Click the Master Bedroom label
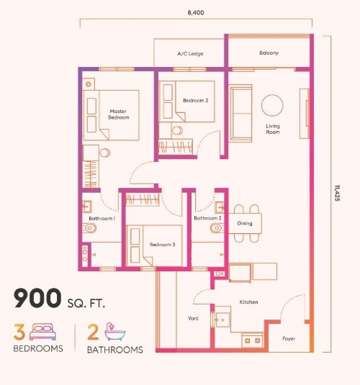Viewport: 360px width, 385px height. pos(119,114)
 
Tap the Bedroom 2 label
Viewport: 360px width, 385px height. pos(196,101)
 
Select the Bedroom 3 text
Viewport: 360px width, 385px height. pos(163,245)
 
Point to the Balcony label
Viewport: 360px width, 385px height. pos(269,53)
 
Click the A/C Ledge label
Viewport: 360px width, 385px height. pos(190,53)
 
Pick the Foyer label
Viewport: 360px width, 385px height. pos(289,339)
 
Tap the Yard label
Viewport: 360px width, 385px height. pos(193,319)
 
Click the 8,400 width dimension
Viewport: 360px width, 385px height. pos(196,12)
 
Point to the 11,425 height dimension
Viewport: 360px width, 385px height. pos(337,194)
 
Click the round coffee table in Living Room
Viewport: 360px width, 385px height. pos(272,105)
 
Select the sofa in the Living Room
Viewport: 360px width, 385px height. pos(240,113)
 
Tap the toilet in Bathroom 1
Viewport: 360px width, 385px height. pos(89,228)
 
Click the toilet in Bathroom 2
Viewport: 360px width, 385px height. pos(217,228)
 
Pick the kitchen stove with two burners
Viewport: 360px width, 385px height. pos(253,340)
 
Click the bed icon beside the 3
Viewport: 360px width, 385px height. pos(42,332)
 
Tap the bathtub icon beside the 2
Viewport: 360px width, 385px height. pos(114,332)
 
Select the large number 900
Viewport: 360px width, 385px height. pos(37,298)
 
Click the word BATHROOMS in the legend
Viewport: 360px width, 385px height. pos(115,350)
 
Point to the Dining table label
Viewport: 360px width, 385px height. pos(245,223)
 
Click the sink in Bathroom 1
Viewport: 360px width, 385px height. pos(86,207)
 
